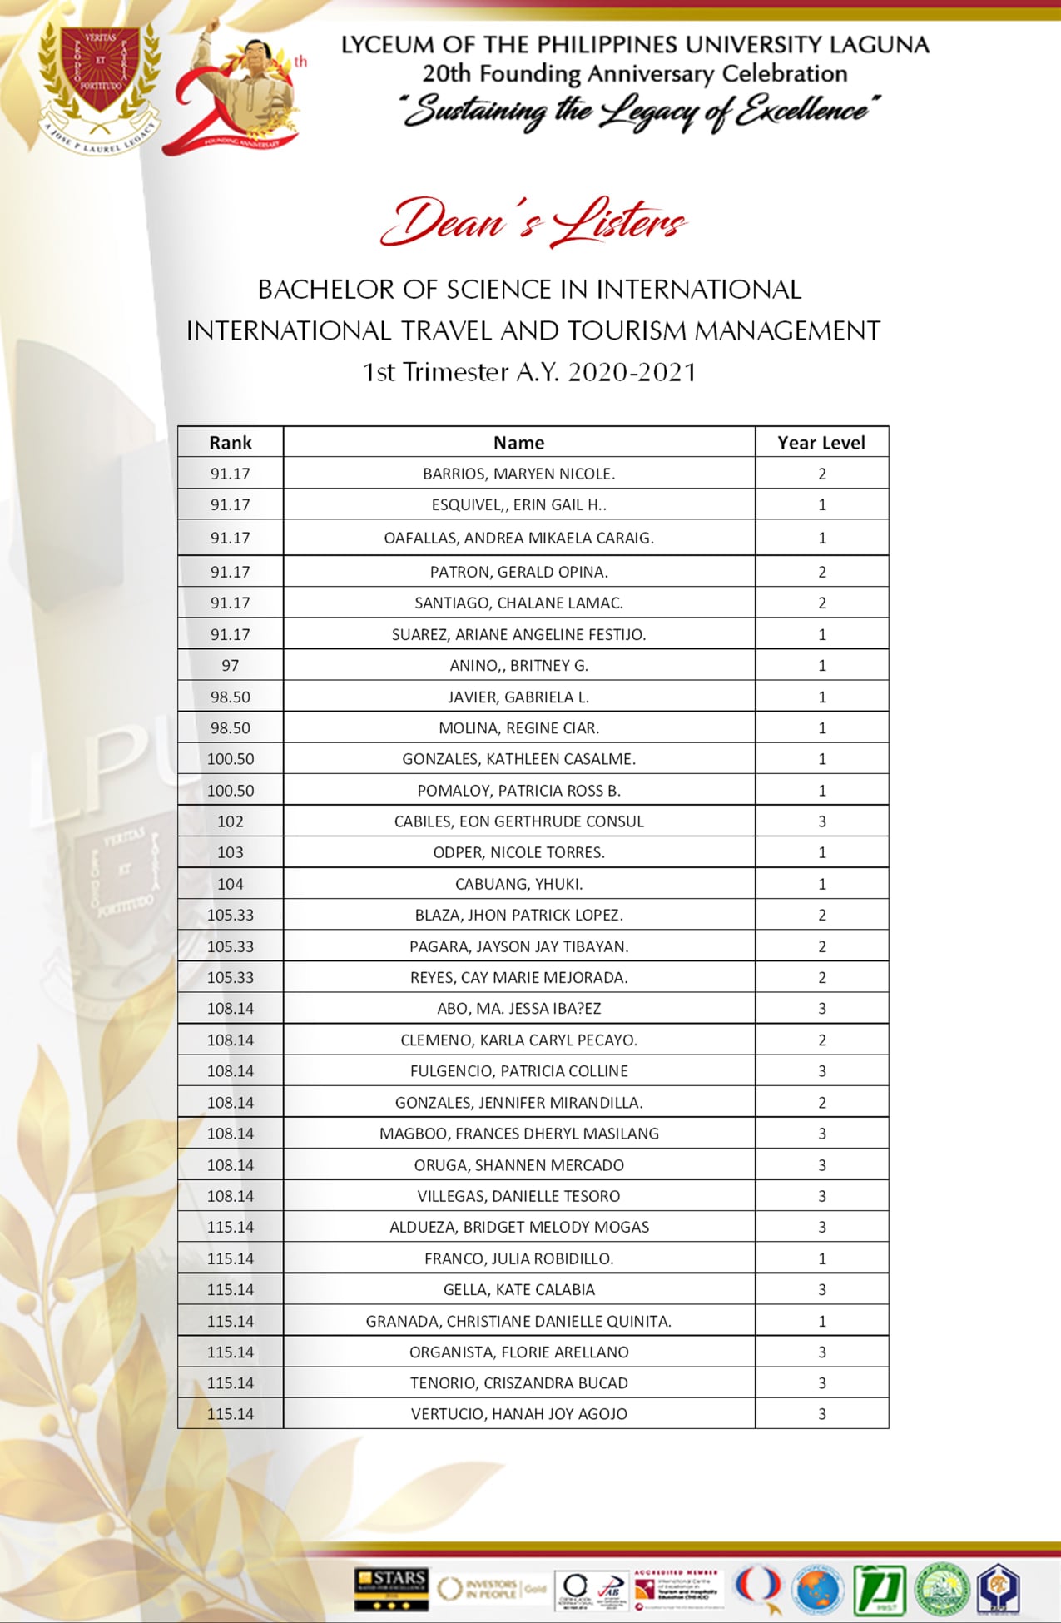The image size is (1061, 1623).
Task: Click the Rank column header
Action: pyautogui.click(x=231, y=443)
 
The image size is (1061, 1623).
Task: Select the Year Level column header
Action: pyautogui.click(x=821, y=443)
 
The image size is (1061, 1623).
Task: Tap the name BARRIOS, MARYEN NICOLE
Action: pyautogui.click(x=518, y=474)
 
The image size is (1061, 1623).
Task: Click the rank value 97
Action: pyautogui.click(x=231, y=665)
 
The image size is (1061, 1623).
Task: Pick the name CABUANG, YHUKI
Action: pyautogui.click(x=518, y=884)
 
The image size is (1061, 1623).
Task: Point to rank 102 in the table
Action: pyautogui.click(x=231, y=821)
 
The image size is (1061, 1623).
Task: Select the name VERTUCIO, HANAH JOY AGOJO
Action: pyautogui.click(x=518, y=1414)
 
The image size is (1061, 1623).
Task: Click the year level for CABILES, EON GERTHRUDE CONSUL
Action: pyautogui.click(x=822, y=821)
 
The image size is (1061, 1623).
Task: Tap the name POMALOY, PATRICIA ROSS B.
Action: pyautogui.click(x=518, y=791)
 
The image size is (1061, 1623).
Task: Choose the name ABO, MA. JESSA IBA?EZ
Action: pyautogui.click(x=518, y=1009)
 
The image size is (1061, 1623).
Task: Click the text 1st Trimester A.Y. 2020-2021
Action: pyautogui.click(x=529, y=372)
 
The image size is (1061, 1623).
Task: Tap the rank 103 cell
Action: pyautogui.click(x=231, y=852)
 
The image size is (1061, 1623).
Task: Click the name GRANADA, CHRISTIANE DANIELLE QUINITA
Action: pyautogui.click(x=518, y=1321)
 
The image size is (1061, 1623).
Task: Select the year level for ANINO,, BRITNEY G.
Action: pyautogui.click(x=822, y=665)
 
